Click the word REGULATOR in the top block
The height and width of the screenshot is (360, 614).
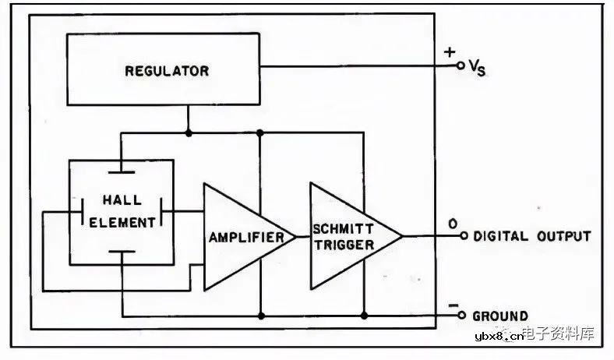pyautogui.click(x=167, y=71)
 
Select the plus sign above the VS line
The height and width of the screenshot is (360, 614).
pyautogui.click(x=450, y=52)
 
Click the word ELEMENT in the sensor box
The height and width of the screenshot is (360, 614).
pyautogui.click(x=122, y=222)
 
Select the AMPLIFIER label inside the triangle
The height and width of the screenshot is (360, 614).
pyautogui.click(x=245, y=237)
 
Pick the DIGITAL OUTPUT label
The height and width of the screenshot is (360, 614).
pyautogui.click(x=532, y=236)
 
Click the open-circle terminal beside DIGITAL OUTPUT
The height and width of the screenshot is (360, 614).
pyautogui.click(x=463, y=236)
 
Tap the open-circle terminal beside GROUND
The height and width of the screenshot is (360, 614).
pyautogui.click(x=463, y=316)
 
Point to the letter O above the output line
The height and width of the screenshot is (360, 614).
pyautogui.click(x=452, y=224)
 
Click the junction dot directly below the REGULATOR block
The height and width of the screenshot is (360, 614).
pyautogui.click(x=189, y=132)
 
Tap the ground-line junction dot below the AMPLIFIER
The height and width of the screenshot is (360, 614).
pyautogui.click(x=261, y=316)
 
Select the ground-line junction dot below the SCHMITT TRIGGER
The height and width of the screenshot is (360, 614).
pyautogui.click(x=364, y=316)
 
